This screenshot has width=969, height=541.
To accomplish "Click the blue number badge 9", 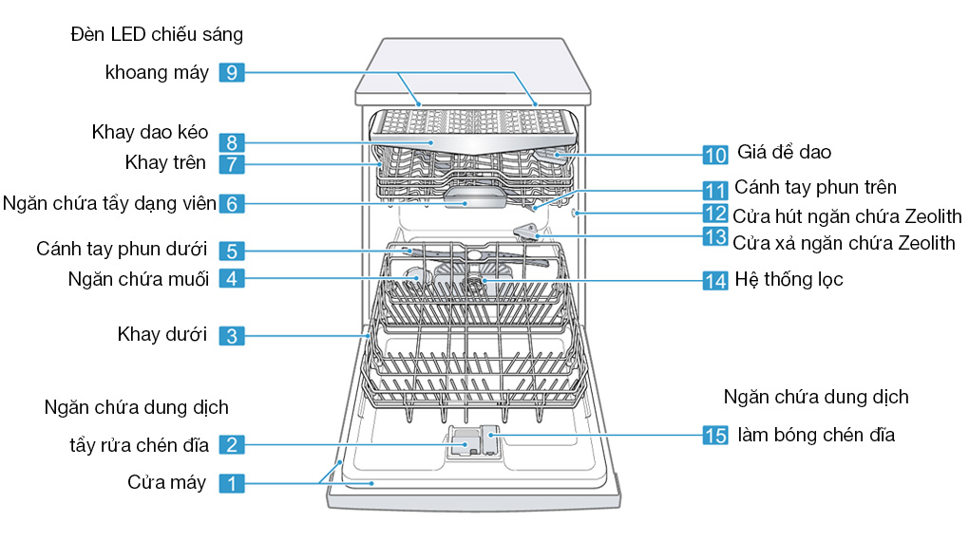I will click(x=232, y=72).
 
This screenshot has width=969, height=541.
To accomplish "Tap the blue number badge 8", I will click(x=232, y=143).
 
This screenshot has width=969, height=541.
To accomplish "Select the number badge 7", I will click(x=232, y=163).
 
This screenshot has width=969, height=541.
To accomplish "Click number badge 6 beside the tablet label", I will click(x=232, y=203).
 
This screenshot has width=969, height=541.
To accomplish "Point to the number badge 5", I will click(x=232, y=252).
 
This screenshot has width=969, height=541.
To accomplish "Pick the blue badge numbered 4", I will click(x=232, y=279).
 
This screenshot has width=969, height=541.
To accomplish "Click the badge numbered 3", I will click(x=232, y=335).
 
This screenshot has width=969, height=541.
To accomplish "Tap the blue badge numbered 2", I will click(x=232, y=443).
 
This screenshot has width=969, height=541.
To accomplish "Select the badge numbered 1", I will click(x=232, y=483).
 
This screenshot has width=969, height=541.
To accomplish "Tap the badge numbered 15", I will click(x=715, y=436).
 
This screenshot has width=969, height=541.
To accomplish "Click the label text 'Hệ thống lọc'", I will click(x=788, y=280).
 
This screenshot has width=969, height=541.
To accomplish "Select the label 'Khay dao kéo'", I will click(x=150, y=132).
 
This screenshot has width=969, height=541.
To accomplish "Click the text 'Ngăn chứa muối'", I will click(x=139, y=279).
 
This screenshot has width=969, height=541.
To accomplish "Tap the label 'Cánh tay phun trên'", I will click(x=815, y=188).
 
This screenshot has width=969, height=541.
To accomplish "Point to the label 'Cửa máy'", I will click(x=166, y=482).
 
